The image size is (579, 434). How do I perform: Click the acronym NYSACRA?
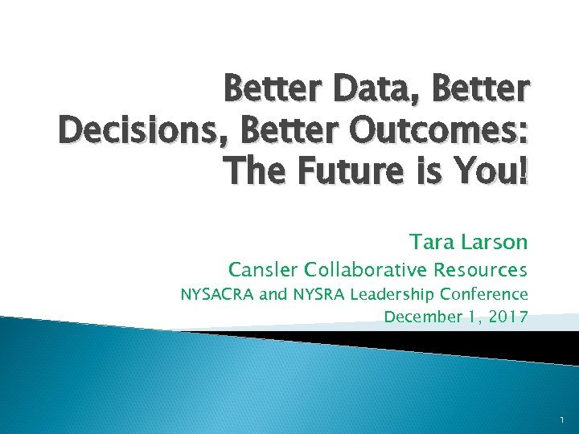[218, 294]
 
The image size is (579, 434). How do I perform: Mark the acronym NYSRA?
[316, 294]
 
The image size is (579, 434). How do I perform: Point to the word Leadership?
[392, 294]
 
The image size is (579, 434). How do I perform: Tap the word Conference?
[488, 294]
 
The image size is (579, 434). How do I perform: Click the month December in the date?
[420, 317]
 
